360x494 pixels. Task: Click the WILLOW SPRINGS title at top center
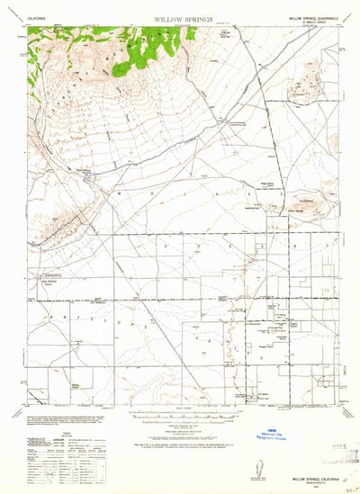point(179,17)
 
